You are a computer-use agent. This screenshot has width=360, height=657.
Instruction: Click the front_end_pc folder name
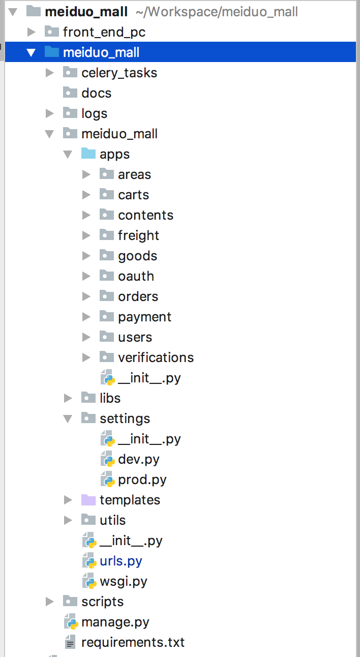(x=104, y=32)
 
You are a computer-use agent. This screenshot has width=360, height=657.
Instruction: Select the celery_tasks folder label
(x=119, y=73)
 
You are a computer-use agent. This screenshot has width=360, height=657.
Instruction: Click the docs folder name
(x=96, y=93)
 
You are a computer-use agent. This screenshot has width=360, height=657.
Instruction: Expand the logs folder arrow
(x=50, y=113)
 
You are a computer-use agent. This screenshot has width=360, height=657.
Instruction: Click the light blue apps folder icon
(x=88, y=154)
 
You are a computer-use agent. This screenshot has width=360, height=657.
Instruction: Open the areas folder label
(x=134, y=175)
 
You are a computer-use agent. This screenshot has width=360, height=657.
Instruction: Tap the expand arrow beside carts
(x=86, y=195)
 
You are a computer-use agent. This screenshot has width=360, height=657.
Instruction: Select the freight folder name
(x=138, y=236)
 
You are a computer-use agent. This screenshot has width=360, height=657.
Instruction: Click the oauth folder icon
(x=106, y=276)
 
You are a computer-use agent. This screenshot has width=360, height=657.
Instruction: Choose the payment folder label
(x=144, y=317)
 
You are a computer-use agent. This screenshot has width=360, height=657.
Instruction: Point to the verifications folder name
(x=156, y=358)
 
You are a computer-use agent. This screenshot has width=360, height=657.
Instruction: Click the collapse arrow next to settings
(x=68, y=419)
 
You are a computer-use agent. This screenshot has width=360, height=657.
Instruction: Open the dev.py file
(x=139, y=460)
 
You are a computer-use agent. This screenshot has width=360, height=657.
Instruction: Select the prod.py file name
(x=142, y=480)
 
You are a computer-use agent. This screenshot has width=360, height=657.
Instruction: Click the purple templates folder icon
(x=88, y=499)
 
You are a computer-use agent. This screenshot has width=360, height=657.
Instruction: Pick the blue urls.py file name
(x=121, y=561)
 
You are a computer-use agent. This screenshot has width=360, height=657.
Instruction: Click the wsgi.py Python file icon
(x=89, y=581)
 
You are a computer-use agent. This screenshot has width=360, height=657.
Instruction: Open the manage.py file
(x=115, y=622)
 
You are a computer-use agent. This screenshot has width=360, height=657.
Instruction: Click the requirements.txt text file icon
(x=70, y=642)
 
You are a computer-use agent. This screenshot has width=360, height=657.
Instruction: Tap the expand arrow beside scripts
(x=50, y=602)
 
